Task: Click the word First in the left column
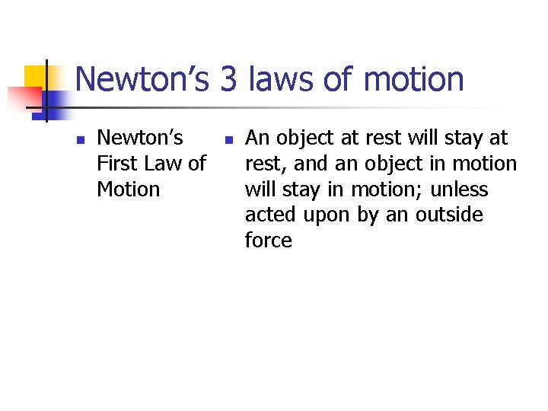117,164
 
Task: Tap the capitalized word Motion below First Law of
129,189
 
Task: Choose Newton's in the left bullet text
141,138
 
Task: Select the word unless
460,189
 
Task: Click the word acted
270,215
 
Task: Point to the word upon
327,215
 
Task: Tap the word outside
449,215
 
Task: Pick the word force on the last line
269,241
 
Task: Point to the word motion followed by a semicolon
382,189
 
